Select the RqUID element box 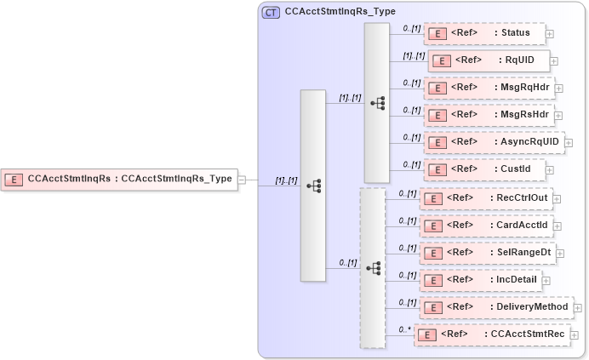tap(488, 60)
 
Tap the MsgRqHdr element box tap(489, 88)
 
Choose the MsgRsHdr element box tap(489, 115)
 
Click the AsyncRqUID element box tap(494, 142)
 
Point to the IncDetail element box tap(480, 280)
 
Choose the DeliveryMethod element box tap(497, 307)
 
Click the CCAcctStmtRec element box tap(491, 334)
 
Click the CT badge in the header tap(272, 13)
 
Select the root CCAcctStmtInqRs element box tap(118, 180)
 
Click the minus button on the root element tap(242, 180)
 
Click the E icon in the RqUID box tap(442, 60)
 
